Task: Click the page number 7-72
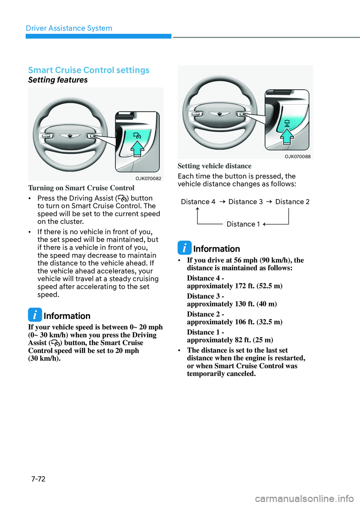(38, 479)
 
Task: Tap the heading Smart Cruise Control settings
(89, 70)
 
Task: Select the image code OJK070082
(148, 179)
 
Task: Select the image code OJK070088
(298, 157)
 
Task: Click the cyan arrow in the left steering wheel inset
(137, 149)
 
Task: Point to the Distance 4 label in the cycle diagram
(198, 201)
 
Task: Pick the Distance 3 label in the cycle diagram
(246, 201)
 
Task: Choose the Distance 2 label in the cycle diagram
(292, 201)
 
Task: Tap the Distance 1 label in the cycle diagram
(243, 224)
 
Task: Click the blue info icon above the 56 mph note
(184, 248)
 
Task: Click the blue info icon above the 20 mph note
(35, 315)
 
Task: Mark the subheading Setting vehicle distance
(214, 166)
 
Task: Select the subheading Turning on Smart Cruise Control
(81, 188)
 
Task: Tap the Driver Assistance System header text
(69, 28)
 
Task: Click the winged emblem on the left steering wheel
(70, 135)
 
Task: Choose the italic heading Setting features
(58, 80)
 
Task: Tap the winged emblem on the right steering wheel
(220, 114)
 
